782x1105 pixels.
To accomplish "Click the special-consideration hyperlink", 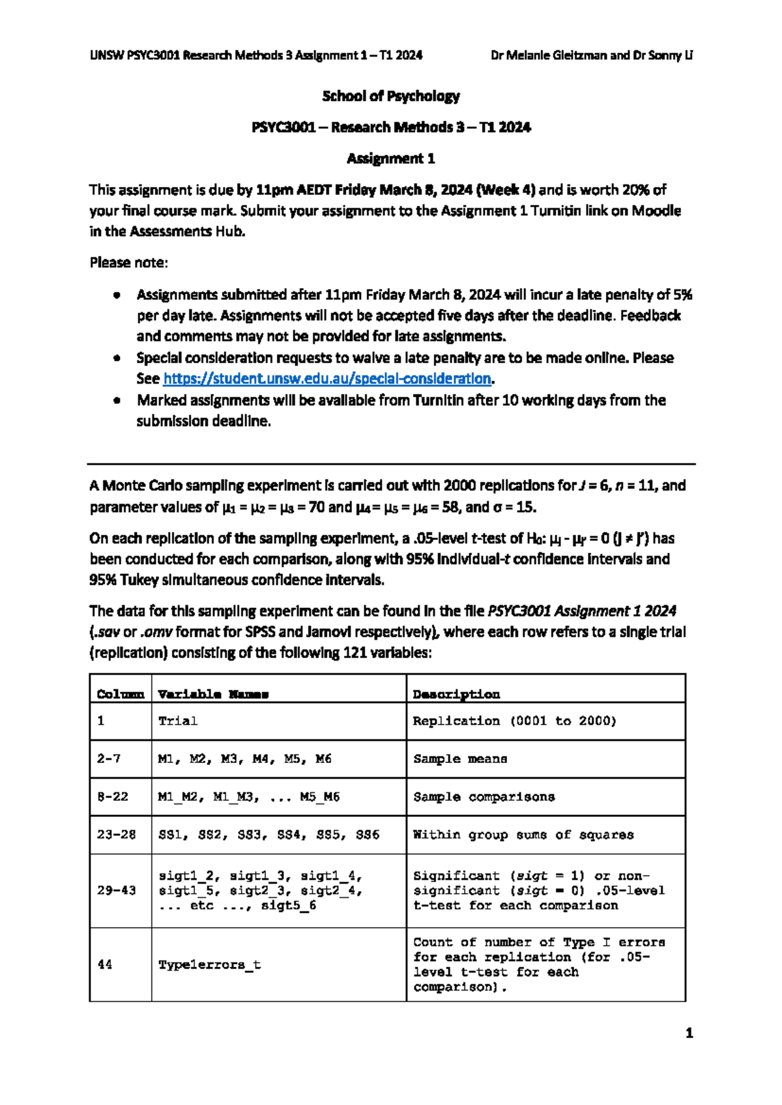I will click(x=327, y=379).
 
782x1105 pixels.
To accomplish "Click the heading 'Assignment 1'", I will click(x=390, y=158).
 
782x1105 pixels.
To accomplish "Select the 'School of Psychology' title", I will click(x=390, y=96).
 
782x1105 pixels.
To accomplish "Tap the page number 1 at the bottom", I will click(x=689, y=1033).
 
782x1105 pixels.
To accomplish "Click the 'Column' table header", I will click(x=121, y=694).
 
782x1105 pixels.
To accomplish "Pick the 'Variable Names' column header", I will click(x=213, y=694).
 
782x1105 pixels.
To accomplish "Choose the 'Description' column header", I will click(x=456, y=694).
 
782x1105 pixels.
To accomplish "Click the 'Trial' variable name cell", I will click(x=178, y=721).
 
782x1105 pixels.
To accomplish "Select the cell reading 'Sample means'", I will click(x=460, y=758).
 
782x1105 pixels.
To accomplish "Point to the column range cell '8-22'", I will click(x=113, y=796).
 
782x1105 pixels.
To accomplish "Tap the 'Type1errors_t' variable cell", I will click(x=209, y=964).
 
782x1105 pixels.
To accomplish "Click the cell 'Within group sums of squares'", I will click(x=523, y=834).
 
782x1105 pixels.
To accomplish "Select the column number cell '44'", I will click(x=105, y=964).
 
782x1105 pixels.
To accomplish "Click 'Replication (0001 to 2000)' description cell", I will click(x=515, y=721).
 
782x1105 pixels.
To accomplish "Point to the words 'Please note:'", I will click(x=129, y=263).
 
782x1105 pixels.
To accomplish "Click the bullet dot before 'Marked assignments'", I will click(x=117, y=401).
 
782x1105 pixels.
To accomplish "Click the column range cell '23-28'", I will click(x=117, y=834).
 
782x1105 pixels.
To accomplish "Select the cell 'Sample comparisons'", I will click(x=484, y=796).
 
